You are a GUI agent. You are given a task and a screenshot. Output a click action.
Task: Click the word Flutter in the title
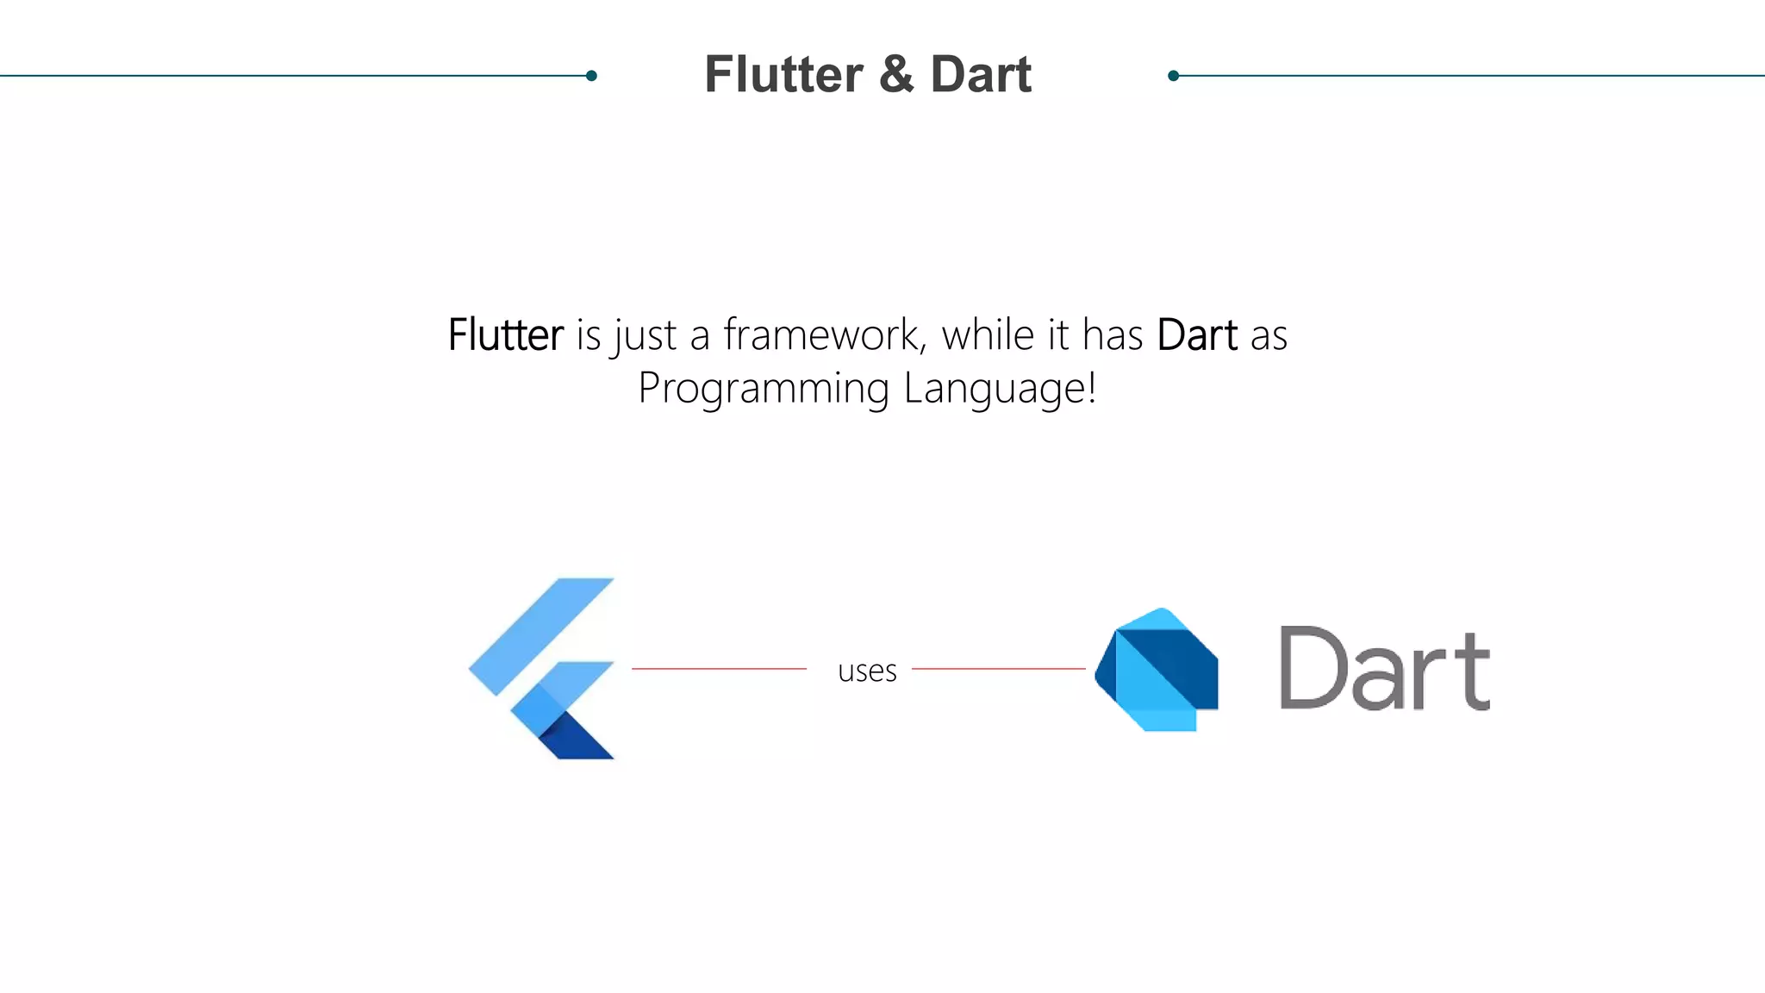coord(783,75)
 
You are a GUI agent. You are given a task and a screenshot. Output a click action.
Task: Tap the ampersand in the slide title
coord(896,75)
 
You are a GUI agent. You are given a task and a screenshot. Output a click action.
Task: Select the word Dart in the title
coord(981,75)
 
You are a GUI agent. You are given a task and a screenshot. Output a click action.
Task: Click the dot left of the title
coord(591,76)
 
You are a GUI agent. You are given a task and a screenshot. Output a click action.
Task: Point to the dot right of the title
coord(1173,76)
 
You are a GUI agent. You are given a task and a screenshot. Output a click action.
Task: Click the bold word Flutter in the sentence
coord(506,335)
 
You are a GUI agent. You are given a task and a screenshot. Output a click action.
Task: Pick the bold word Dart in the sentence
coord(1197,335)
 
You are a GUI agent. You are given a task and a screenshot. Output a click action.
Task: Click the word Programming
coord(764,388)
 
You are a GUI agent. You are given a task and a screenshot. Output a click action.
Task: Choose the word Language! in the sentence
coord(1001,388)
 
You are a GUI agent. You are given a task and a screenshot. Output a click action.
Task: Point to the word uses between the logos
coord(867,671)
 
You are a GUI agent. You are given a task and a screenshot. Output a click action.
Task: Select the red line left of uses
coord(719,669)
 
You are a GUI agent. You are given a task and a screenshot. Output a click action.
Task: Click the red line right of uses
coord(998,669)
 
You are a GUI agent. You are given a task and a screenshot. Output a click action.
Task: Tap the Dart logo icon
coord(1157,670)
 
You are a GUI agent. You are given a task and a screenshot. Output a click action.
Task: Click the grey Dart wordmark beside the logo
coord(1384,669)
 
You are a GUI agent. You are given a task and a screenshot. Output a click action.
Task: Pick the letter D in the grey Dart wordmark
coord(1313,667)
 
